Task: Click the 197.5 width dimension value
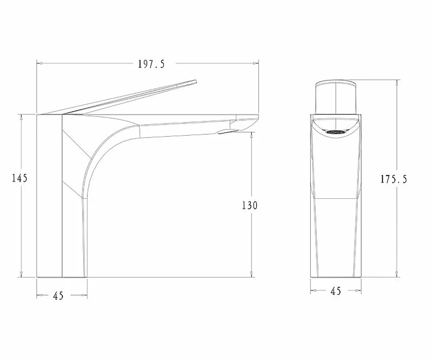[x=151, y=64]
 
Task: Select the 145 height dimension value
[x=20, y=178]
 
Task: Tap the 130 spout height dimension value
[x=250, y=205]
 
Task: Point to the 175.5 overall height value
[x=394, y=179]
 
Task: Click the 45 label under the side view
[x=58, y=296]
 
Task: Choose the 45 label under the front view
[x=336, y=291]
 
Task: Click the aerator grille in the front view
[x=336, y=132]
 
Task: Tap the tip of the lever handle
[x=196, y=81]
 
